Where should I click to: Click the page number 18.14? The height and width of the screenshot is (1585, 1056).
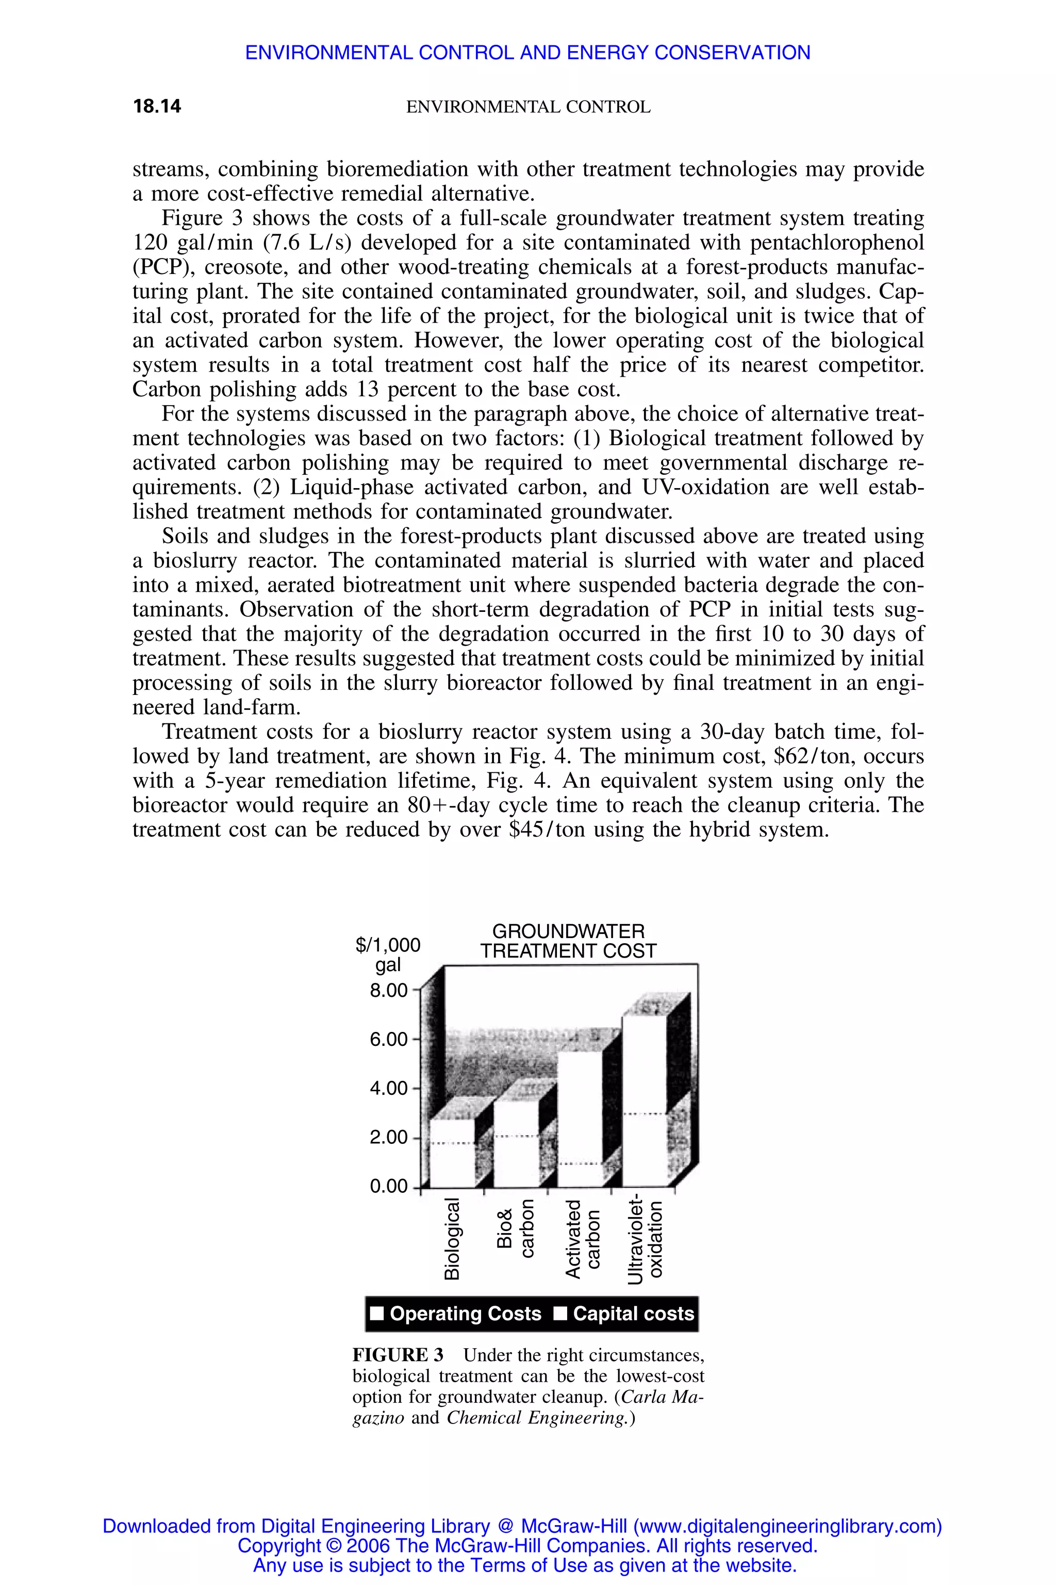(x=157, y=106)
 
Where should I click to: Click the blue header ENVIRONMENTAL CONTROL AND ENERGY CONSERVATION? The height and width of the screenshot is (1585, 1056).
(x=527, y=53)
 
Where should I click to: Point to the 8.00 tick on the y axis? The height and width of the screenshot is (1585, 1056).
(x=389, y=991)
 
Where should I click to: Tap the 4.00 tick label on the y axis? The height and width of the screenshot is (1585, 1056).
(x=389, y=1088)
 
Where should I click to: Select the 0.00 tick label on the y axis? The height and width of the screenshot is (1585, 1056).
(x=389, y=1186)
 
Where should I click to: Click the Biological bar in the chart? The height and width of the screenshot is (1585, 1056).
(x=453, y=1152)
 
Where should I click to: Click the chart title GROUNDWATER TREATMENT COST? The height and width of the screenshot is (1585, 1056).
(x=568, y=942)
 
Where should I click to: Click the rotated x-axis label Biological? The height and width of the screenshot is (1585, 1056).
(x=453, y=1239)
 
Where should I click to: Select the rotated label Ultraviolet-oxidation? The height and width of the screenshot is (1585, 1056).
(x=645, y=1240)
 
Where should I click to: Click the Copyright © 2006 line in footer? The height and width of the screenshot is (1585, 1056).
(x=527, y=1545)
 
